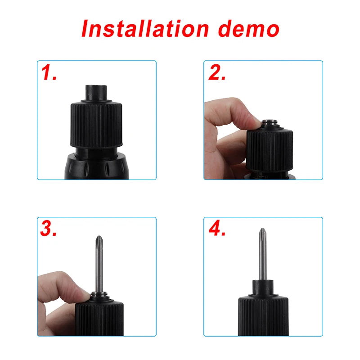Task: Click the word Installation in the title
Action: [x=144, y=28]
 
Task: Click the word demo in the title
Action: [x=248, y=28]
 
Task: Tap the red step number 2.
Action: [x=217, y=73]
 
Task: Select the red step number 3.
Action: [x=49, y=229]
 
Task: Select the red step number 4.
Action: [x=217, y=229]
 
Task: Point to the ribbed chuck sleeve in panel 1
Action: [x=97, y=126]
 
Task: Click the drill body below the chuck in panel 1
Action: [x=97, y=166]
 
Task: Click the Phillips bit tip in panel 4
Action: [x=262, y=235]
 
